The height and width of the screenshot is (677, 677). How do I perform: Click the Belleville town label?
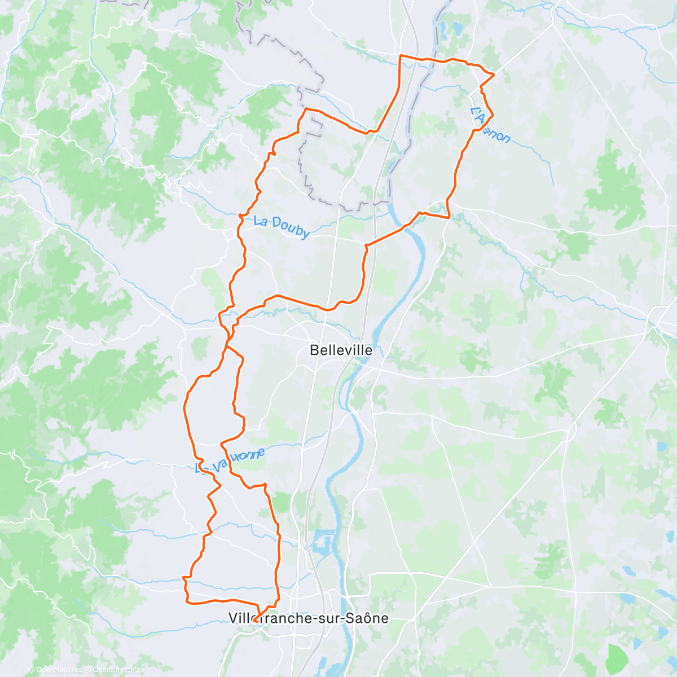341,350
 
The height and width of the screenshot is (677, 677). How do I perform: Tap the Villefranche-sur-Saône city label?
308,618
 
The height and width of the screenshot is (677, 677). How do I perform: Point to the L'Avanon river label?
490,126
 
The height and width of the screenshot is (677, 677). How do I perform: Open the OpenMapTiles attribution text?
55,670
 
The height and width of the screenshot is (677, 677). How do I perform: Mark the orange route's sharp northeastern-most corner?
494,74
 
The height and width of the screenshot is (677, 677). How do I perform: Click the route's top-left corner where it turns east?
401,56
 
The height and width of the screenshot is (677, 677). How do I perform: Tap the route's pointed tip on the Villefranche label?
254,621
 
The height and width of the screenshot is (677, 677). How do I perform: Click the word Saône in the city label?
367,618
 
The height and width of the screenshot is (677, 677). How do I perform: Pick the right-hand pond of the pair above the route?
457,27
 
